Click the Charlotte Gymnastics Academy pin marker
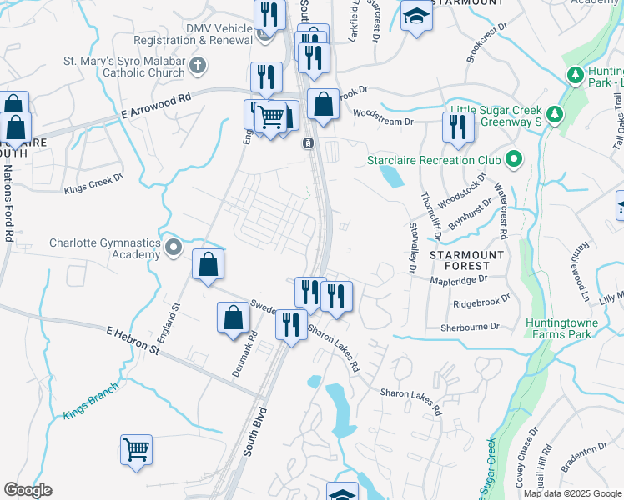coord(174,247)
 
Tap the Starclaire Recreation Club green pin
coord(514,158)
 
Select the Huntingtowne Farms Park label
coord(558,328)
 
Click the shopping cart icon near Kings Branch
coord(136,449)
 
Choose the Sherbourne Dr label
coord(469,327)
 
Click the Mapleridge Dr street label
coord(458,280)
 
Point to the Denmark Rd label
coord(245,353)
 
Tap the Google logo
coord(28,490)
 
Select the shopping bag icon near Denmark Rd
coord(233,317)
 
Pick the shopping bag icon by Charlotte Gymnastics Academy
coord(208,264)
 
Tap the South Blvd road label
coord(255,431)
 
